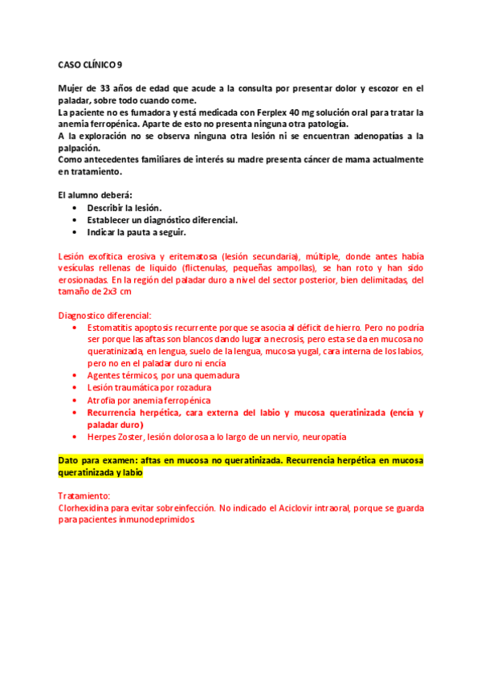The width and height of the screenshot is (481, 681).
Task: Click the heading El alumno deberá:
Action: (x=90, y=195)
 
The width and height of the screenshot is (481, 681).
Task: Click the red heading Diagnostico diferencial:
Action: (x=104, y=315)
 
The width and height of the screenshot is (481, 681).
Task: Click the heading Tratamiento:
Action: (x=84, y=496)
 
